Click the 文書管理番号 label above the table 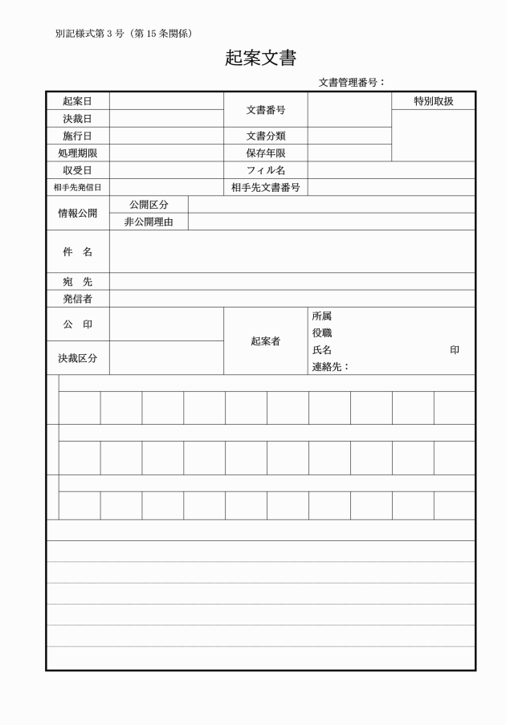click(352, 82)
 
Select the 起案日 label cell click(77, 101)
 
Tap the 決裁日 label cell click(77, 119)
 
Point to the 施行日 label click(77, 136)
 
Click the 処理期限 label click(77, 153)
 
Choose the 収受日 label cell click(77, 170)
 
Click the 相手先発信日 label click(77, 188)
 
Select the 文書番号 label click(266, 110)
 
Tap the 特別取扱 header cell click(434, 101)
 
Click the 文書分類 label click(266, 136)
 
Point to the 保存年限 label click(266, 153)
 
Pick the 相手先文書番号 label click(266, 188)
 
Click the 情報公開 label click(77, 214)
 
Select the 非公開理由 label click(149, 222)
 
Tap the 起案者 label click(266, 341)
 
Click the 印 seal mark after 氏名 click(455, 350)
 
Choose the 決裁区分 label click(77, 359)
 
